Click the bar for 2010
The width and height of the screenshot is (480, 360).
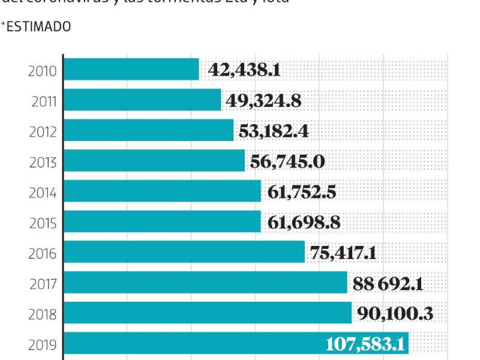click(131, 70)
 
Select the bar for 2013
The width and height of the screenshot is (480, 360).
click(154, 161)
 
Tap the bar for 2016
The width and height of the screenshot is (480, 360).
click(184, 252)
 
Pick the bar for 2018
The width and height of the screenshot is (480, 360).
click(207, 313)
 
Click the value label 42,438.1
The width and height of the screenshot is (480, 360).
click(244, 70)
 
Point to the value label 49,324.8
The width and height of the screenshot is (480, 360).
click(263, 101)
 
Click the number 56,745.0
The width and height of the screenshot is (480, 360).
click(287, 161)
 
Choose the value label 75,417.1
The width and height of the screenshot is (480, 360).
click(343, 253)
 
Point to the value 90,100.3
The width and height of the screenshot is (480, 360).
click(394, 313)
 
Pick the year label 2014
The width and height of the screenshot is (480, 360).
click(43, 193)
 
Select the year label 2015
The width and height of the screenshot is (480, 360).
click(43, 223)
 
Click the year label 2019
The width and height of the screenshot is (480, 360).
click(43, 344)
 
